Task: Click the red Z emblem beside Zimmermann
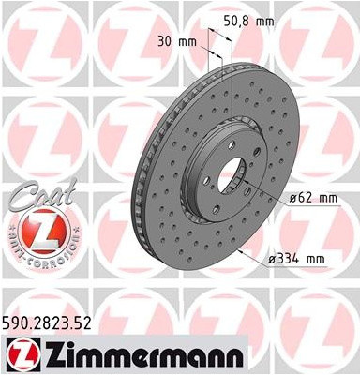click(21, 354)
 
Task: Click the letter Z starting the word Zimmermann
click(47, 353)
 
